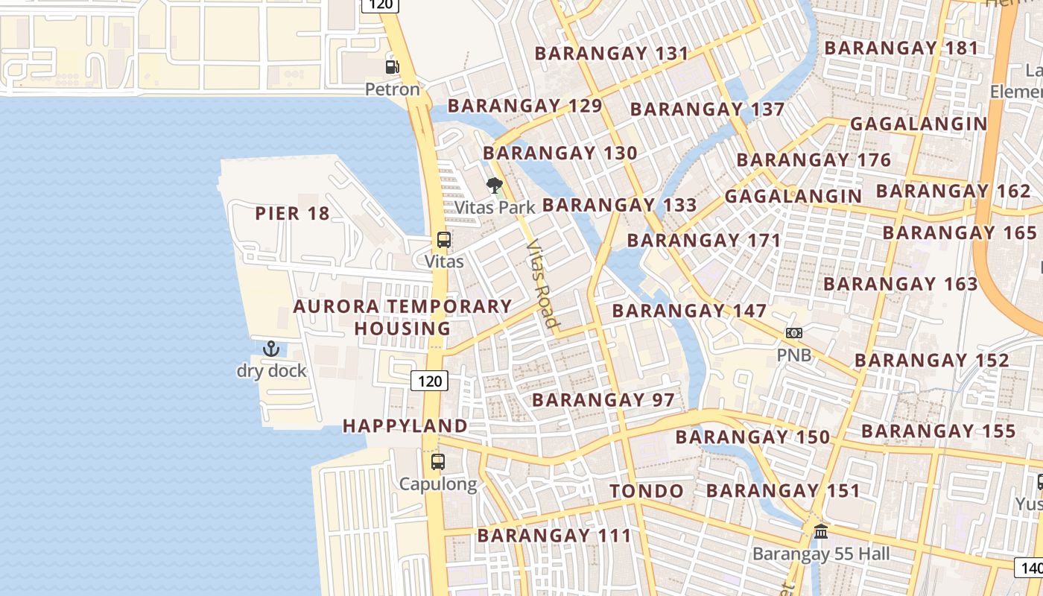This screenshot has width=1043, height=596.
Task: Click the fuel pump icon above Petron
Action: coord(392,67)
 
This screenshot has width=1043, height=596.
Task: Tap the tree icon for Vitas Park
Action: coord(494,186)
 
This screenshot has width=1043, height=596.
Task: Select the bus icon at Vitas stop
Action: coord(443,240)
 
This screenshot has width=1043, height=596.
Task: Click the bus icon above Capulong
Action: coord(438,462)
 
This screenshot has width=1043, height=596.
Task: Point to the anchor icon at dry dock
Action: coord(271,349)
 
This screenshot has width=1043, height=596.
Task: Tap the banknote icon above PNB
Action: coord(794,333)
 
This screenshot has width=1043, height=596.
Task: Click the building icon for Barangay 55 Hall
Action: coord(821,532)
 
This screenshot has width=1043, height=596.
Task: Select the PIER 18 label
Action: coord(292,214)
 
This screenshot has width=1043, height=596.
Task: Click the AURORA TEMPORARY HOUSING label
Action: coord(402,317)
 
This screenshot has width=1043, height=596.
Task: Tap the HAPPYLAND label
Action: coord(405,426)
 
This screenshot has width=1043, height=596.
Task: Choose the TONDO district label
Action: coord(647,491)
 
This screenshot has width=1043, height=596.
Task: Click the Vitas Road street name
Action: coord(542,283)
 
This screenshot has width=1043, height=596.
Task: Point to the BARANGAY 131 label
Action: coord(612,54)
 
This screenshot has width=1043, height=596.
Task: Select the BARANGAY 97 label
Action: coord(603,400)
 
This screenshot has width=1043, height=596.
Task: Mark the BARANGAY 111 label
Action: coord(554,536)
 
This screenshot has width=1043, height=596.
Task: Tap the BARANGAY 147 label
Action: coord(689,311)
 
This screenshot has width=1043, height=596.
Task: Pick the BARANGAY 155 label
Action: coord(939,431)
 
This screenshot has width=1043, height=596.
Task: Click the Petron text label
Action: coord(393,89)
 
